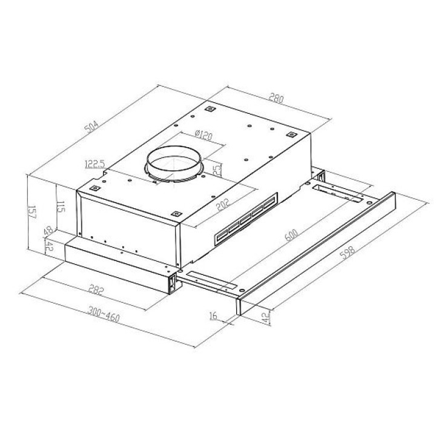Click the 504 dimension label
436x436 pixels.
coord(91,127)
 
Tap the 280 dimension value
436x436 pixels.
coord(276,98)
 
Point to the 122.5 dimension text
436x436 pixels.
coord(95,164)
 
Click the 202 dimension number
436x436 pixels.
coord(223,204)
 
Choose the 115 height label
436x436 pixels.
coord(61,206)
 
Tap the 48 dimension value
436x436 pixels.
coord(48,230)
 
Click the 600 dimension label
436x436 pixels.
coord(291,235)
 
